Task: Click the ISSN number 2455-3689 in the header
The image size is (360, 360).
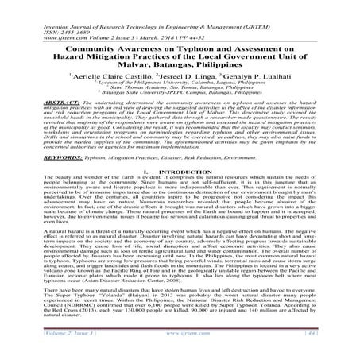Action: point(57,13)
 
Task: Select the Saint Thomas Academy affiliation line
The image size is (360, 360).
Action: point(180,84)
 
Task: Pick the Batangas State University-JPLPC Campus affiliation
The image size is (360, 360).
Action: point(180,91)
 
